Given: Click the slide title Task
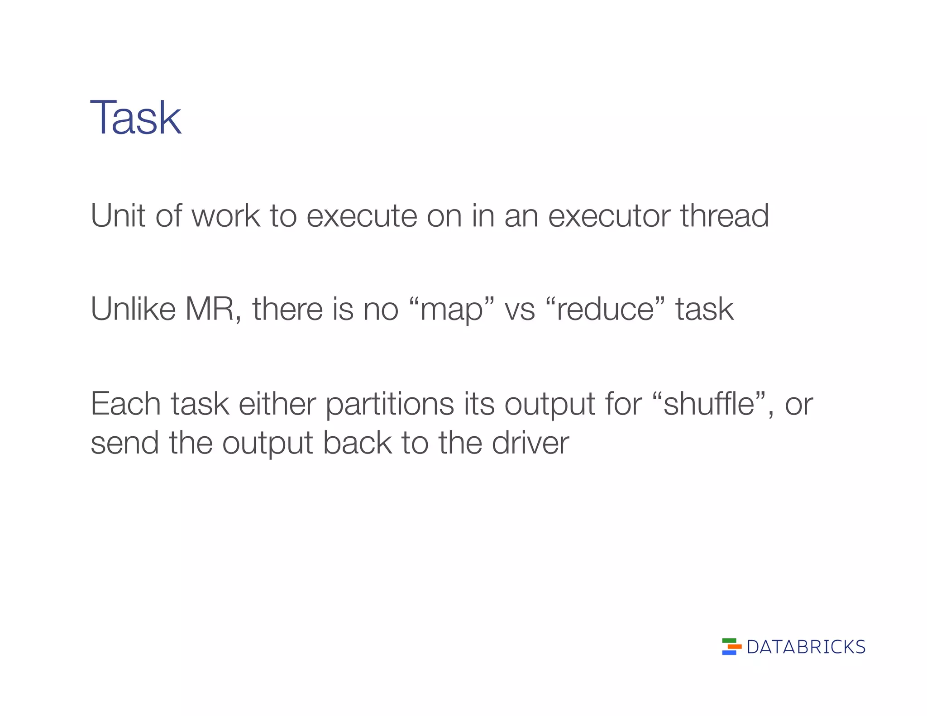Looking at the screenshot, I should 136,118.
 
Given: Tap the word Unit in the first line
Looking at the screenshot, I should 118,215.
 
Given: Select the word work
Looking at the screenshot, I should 226,215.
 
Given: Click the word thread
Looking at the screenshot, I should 724,215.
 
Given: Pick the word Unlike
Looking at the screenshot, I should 133,309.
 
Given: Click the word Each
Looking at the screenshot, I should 125,403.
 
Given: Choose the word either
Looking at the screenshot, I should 277,403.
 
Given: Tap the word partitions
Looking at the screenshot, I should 390,404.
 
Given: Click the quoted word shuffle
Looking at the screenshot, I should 709,403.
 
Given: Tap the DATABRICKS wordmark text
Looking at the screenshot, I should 806,647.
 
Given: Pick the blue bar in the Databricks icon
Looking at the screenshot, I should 729,653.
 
